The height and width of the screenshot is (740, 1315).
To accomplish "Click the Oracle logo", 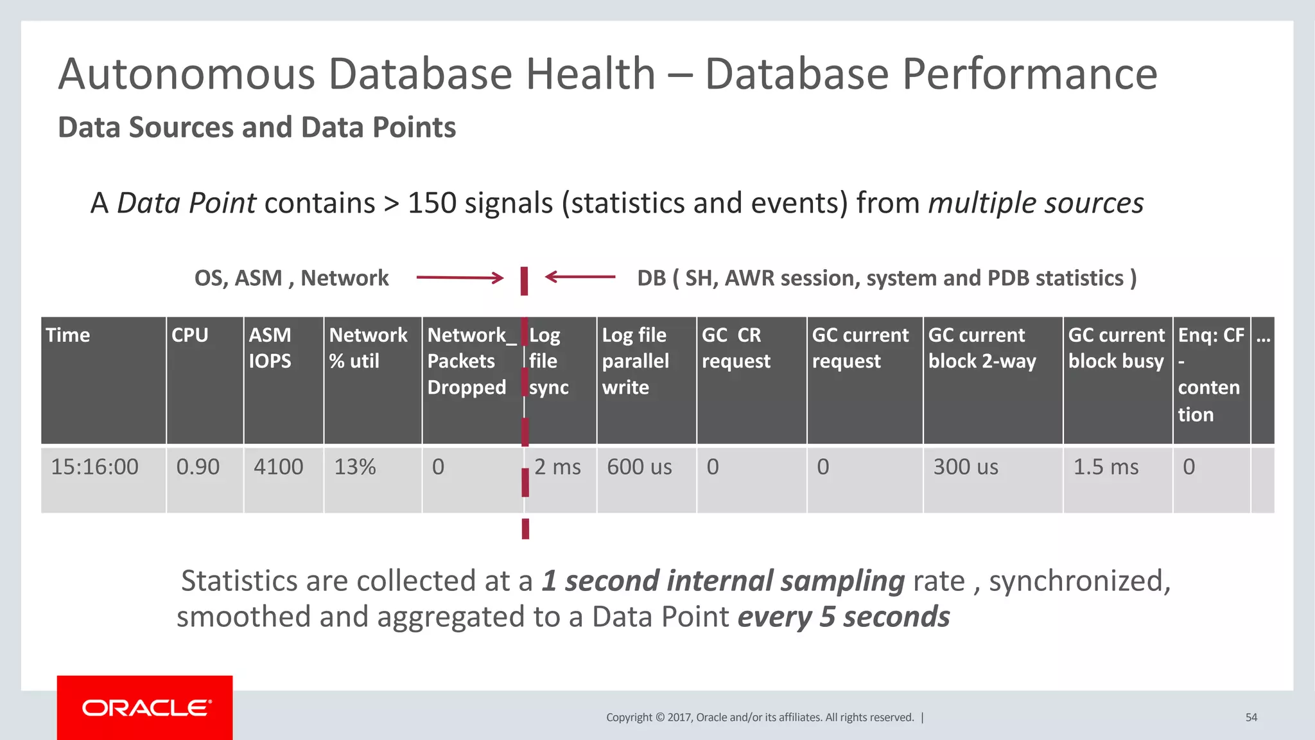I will coord(145,708).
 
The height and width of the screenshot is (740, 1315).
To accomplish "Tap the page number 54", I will coord(1251,718).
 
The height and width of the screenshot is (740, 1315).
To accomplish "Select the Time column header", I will coord(68,335).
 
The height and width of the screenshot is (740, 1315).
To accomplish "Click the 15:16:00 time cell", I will coord(94,467).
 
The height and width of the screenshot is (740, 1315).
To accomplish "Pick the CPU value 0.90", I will coord(198,467).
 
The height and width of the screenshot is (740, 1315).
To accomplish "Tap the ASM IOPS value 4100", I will coord(278,467).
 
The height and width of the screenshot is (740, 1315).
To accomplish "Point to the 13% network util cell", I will coord(355,467).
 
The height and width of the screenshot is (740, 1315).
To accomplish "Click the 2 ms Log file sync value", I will coord(557,467).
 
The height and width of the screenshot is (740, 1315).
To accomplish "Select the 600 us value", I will coord(640,467).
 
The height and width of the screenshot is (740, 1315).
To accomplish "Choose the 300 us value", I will coord(966,467).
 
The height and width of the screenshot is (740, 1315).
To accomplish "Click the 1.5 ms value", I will coord(1106,467).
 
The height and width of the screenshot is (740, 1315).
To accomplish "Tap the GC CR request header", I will coord(736,348).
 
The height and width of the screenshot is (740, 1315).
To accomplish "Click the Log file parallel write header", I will coord(635,361).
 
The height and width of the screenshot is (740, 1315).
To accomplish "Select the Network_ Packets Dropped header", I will coord(471,361).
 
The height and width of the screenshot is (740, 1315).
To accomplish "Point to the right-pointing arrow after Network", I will coord(460,278).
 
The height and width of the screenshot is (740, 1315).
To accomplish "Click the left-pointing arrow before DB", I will coord(580,277).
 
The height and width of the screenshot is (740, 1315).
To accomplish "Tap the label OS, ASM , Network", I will coord(292,278).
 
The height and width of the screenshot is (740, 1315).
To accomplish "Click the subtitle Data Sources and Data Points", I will coord(257,127).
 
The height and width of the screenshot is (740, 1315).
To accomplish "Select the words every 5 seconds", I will coord(843,617).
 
